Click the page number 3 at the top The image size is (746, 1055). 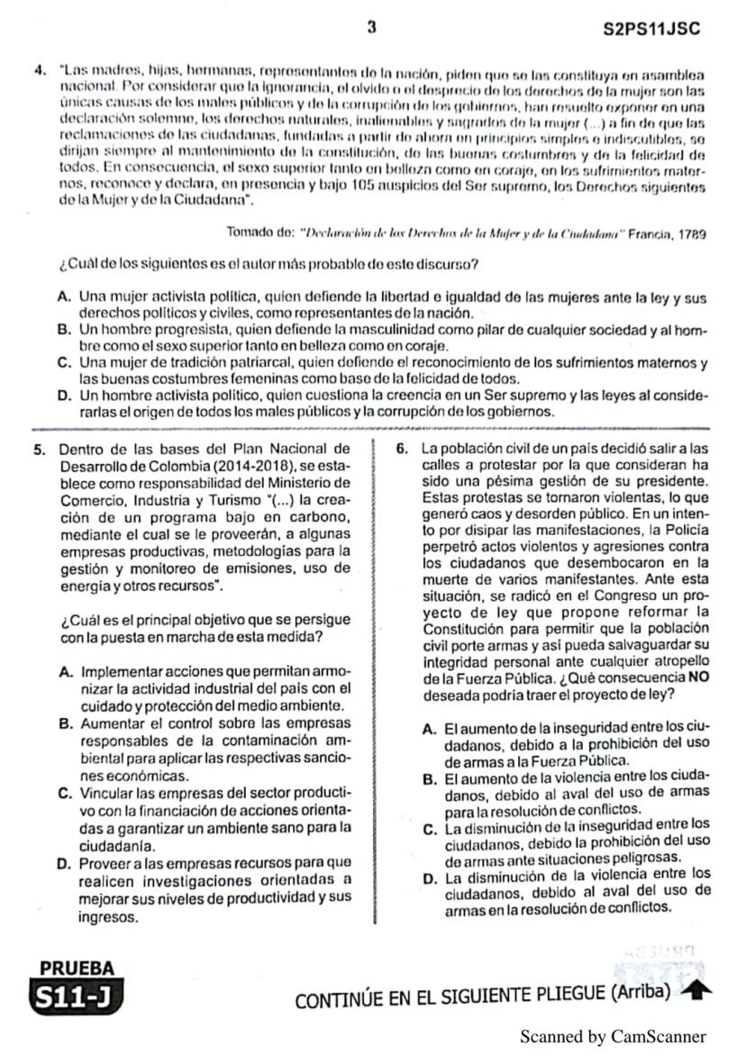pyautogui.click(x=371, y=28)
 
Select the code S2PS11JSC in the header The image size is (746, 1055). pyautogui.click(x=651, y=30)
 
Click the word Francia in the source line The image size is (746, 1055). pyautogui.click(x=641, y=236)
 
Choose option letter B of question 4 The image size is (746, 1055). pyautogui.click(x=63, y=329)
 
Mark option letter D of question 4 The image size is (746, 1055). pyautogui.click(x=63, y=397)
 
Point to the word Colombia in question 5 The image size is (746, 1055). pyautogui.click(x=189, y=463)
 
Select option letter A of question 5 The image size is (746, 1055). pyautogui.click(x=64, y=672)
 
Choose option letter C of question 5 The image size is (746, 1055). pyautogui.click(x=64, y=793)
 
